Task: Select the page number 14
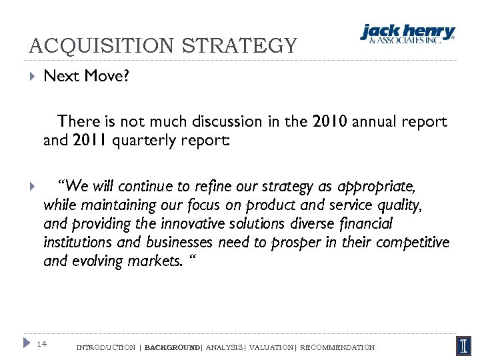click(x=42, y=344)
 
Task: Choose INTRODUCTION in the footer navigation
click(x=106, y=347)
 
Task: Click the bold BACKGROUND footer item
click(x=171, y=347)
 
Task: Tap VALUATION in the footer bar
click(x=271, y=347)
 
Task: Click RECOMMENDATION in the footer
click(x=337, y=347)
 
